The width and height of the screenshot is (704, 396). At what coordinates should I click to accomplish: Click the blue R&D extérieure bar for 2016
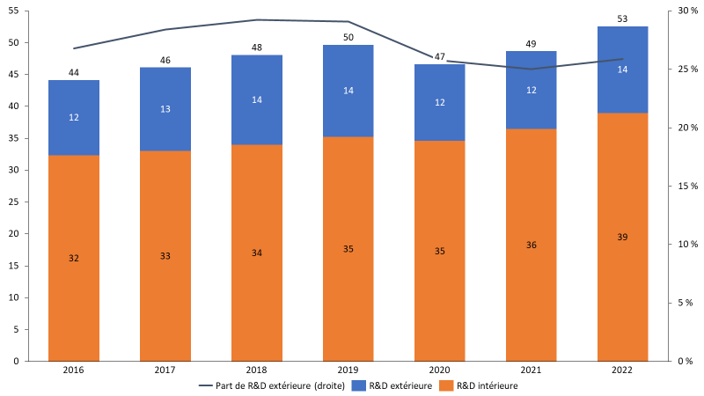(74, 118)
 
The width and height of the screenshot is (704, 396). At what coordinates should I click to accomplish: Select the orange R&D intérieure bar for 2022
(622, 237)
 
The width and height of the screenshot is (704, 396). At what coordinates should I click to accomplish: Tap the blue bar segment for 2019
(348, 91)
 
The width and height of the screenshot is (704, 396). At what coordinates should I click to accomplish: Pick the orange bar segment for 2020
(439, 251)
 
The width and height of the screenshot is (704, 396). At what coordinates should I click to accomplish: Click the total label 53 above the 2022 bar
(622, 18)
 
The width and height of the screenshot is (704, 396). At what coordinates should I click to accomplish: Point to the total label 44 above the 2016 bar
(74, 72)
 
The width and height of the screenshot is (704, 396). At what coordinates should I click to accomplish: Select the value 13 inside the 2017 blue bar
(165, 109)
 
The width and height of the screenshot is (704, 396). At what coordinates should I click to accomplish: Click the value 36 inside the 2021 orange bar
(531, 245)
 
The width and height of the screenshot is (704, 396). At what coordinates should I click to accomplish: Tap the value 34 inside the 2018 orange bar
(256, 253)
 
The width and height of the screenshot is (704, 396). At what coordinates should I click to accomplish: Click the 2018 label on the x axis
(256, 370)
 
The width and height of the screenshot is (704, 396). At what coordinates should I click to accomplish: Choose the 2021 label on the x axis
(531, 370)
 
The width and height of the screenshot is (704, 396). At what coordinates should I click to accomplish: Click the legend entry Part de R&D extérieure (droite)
(273, 385)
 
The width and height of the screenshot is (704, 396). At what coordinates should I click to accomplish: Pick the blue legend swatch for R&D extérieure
(358, 385)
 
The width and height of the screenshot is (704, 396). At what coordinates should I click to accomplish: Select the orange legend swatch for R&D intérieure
(445, 385)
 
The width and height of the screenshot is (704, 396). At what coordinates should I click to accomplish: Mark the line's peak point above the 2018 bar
(256, 19)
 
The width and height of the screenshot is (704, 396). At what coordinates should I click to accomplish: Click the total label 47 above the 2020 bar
(439, 56)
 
